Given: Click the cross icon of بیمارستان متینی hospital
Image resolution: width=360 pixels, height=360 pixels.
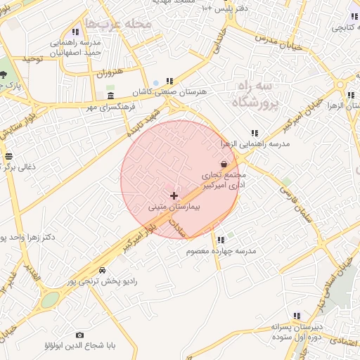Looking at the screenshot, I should click(x=174, y=195).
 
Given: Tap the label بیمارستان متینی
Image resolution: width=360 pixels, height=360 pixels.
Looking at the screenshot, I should click(x=174, y=208).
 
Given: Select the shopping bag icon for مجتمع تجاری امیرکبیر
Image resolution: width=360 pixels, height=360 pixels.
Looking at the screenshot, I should click(x=224, y=164).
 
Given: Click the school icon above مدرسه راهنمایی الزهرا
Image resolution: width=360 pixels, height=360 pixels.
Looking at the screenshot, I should click(x=255, y=133).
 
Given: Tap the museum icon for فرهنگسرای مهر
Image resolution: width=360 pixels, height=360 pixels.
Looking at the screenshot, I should click(x=110, y=96).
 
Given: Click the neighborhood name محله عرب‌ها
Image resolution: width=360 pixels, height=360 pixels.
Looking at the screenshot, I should click(x=117, y=24).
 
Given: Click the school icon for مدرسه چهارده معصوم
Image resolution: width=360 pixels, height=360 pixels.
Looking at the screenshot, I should click(x=221, y=240).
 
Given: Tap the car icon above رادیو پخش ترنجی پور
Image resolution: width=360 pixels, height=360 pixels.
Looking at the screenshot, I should click(x=103, y=270).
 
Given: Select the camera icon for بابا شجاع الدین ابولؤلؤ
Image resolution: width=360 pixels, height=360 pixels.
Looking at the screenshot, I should click(x=79, y=335).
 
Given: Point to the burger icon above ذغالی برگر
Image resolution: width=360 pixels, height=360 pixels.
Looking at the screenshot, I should click(x=8, y=157).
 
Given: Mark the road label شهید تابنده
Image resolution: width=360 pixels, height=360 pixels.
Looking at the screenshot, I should click(x=144, y=121).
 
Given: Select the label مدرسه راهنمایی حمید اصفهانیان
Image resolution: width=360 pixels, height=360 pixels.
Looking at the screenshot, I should click(x=75, y=47).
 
